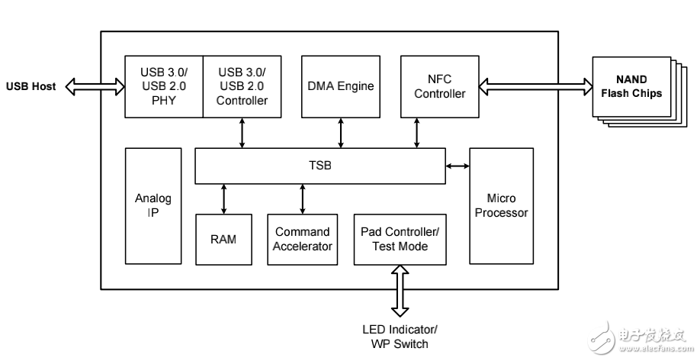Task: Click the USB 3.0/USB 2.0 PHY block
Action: coord(163,85)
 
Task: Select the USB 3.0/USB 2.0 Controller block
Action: coord(242,85)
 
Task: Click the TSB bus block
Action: coord(319,166)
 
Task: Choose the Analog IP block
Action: coord(153,206)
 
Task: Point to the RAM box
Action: coord(223,239)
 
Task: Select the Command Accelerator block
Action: coord(303,239)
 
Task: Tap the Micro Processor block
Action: coord(501,206)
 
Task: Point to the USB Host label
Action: coord(31,86)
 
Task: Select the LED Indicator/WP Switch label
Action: coord(399,337)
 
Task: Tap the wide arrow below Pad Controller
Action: coord(399,291)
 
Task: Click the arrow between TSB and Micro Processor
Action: coord(458,165)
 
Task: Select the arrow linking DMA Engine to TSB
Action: coord(340,133)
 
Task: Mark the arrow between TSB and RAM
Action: coord(223,198)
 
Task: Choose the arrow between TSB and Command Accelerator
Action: coord(303,198)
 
